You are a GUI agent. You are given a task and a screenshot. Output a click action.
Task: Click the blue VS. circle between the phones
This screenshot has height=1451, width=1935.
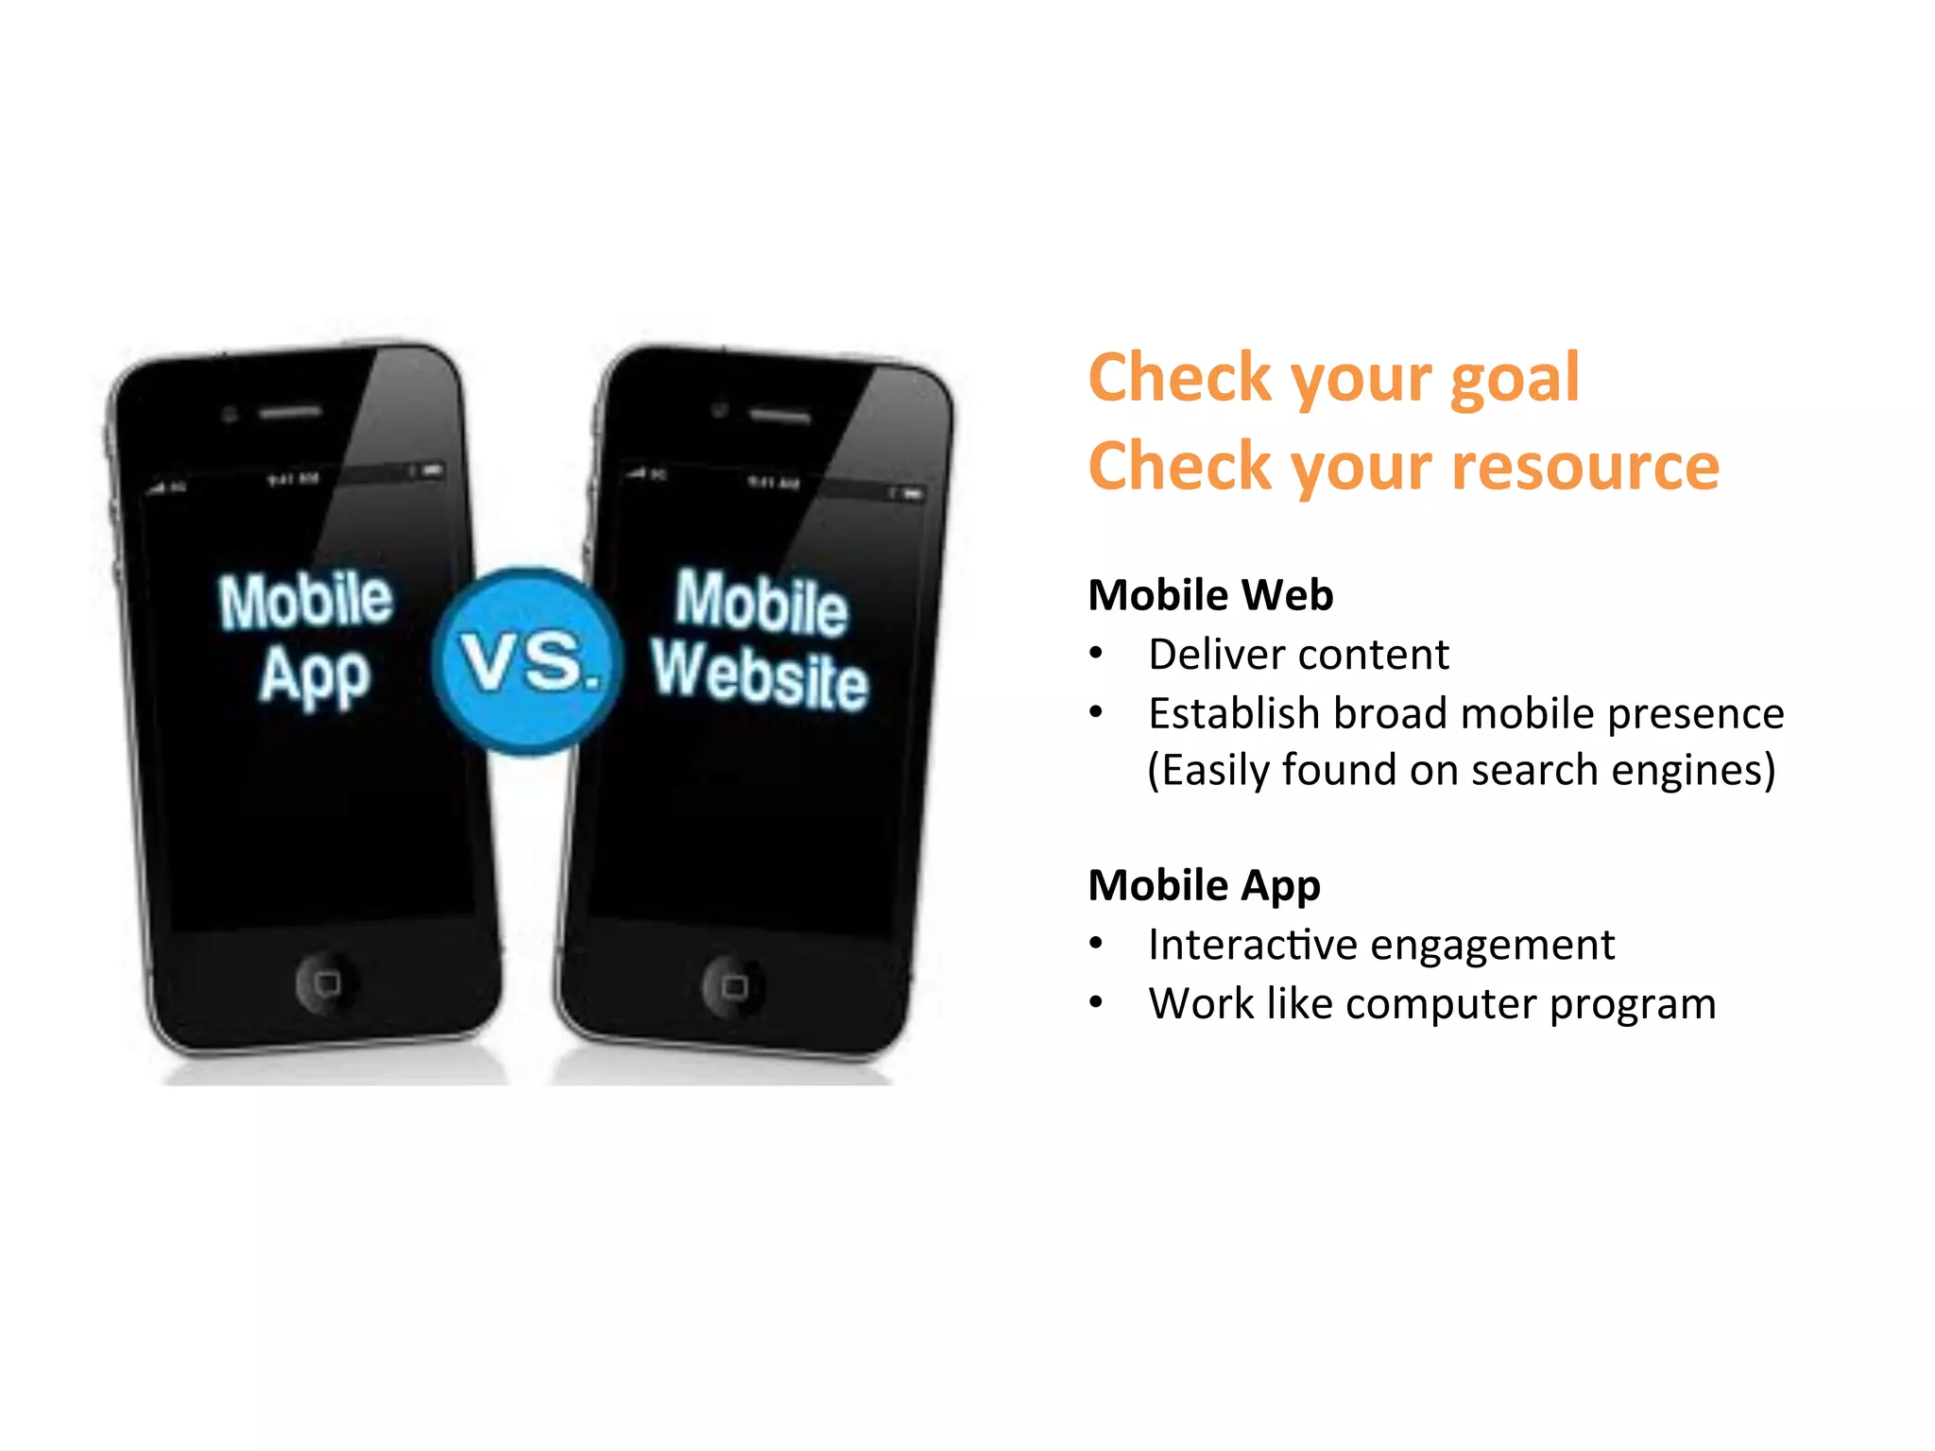click(x=526, y=661)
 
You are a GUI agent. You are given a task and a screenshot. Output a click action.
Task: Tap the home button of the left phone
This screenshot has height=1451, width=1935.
click(x=327, y=983)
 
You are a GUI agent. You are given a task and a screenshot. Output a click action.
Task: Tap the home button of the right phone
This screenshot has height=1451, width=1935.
click(x=734, y=987)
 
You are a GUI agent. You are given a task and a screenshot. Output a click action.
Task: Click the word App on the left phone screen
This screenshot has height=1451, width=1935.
click(x=315, y=676)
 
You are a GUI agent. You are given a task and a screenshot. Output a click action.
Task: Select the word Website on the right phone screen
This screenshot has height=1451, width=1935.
click(x=760, y=674)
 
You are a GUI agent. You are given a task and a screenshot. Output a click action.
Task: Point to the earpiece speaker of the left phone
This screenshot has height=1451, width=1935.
click(x=290, y=413)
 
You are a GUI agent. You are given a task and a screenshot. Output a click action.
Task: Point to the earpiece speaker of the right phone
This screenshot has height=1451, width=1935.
click(x=779, y=416)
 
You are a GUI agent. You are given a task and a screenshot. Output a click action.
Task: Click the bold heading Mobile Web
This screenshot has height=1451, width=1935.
click(x=1210, y=596)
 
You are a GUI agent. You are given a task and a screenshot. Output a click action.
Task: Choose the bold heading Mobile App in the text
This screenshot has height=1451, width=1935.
click(x=1204, y=886)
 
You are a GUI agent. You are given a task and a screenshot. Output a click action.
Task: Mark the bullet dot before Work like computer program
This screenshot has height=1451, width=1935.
click(x=1096, y=1002)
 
